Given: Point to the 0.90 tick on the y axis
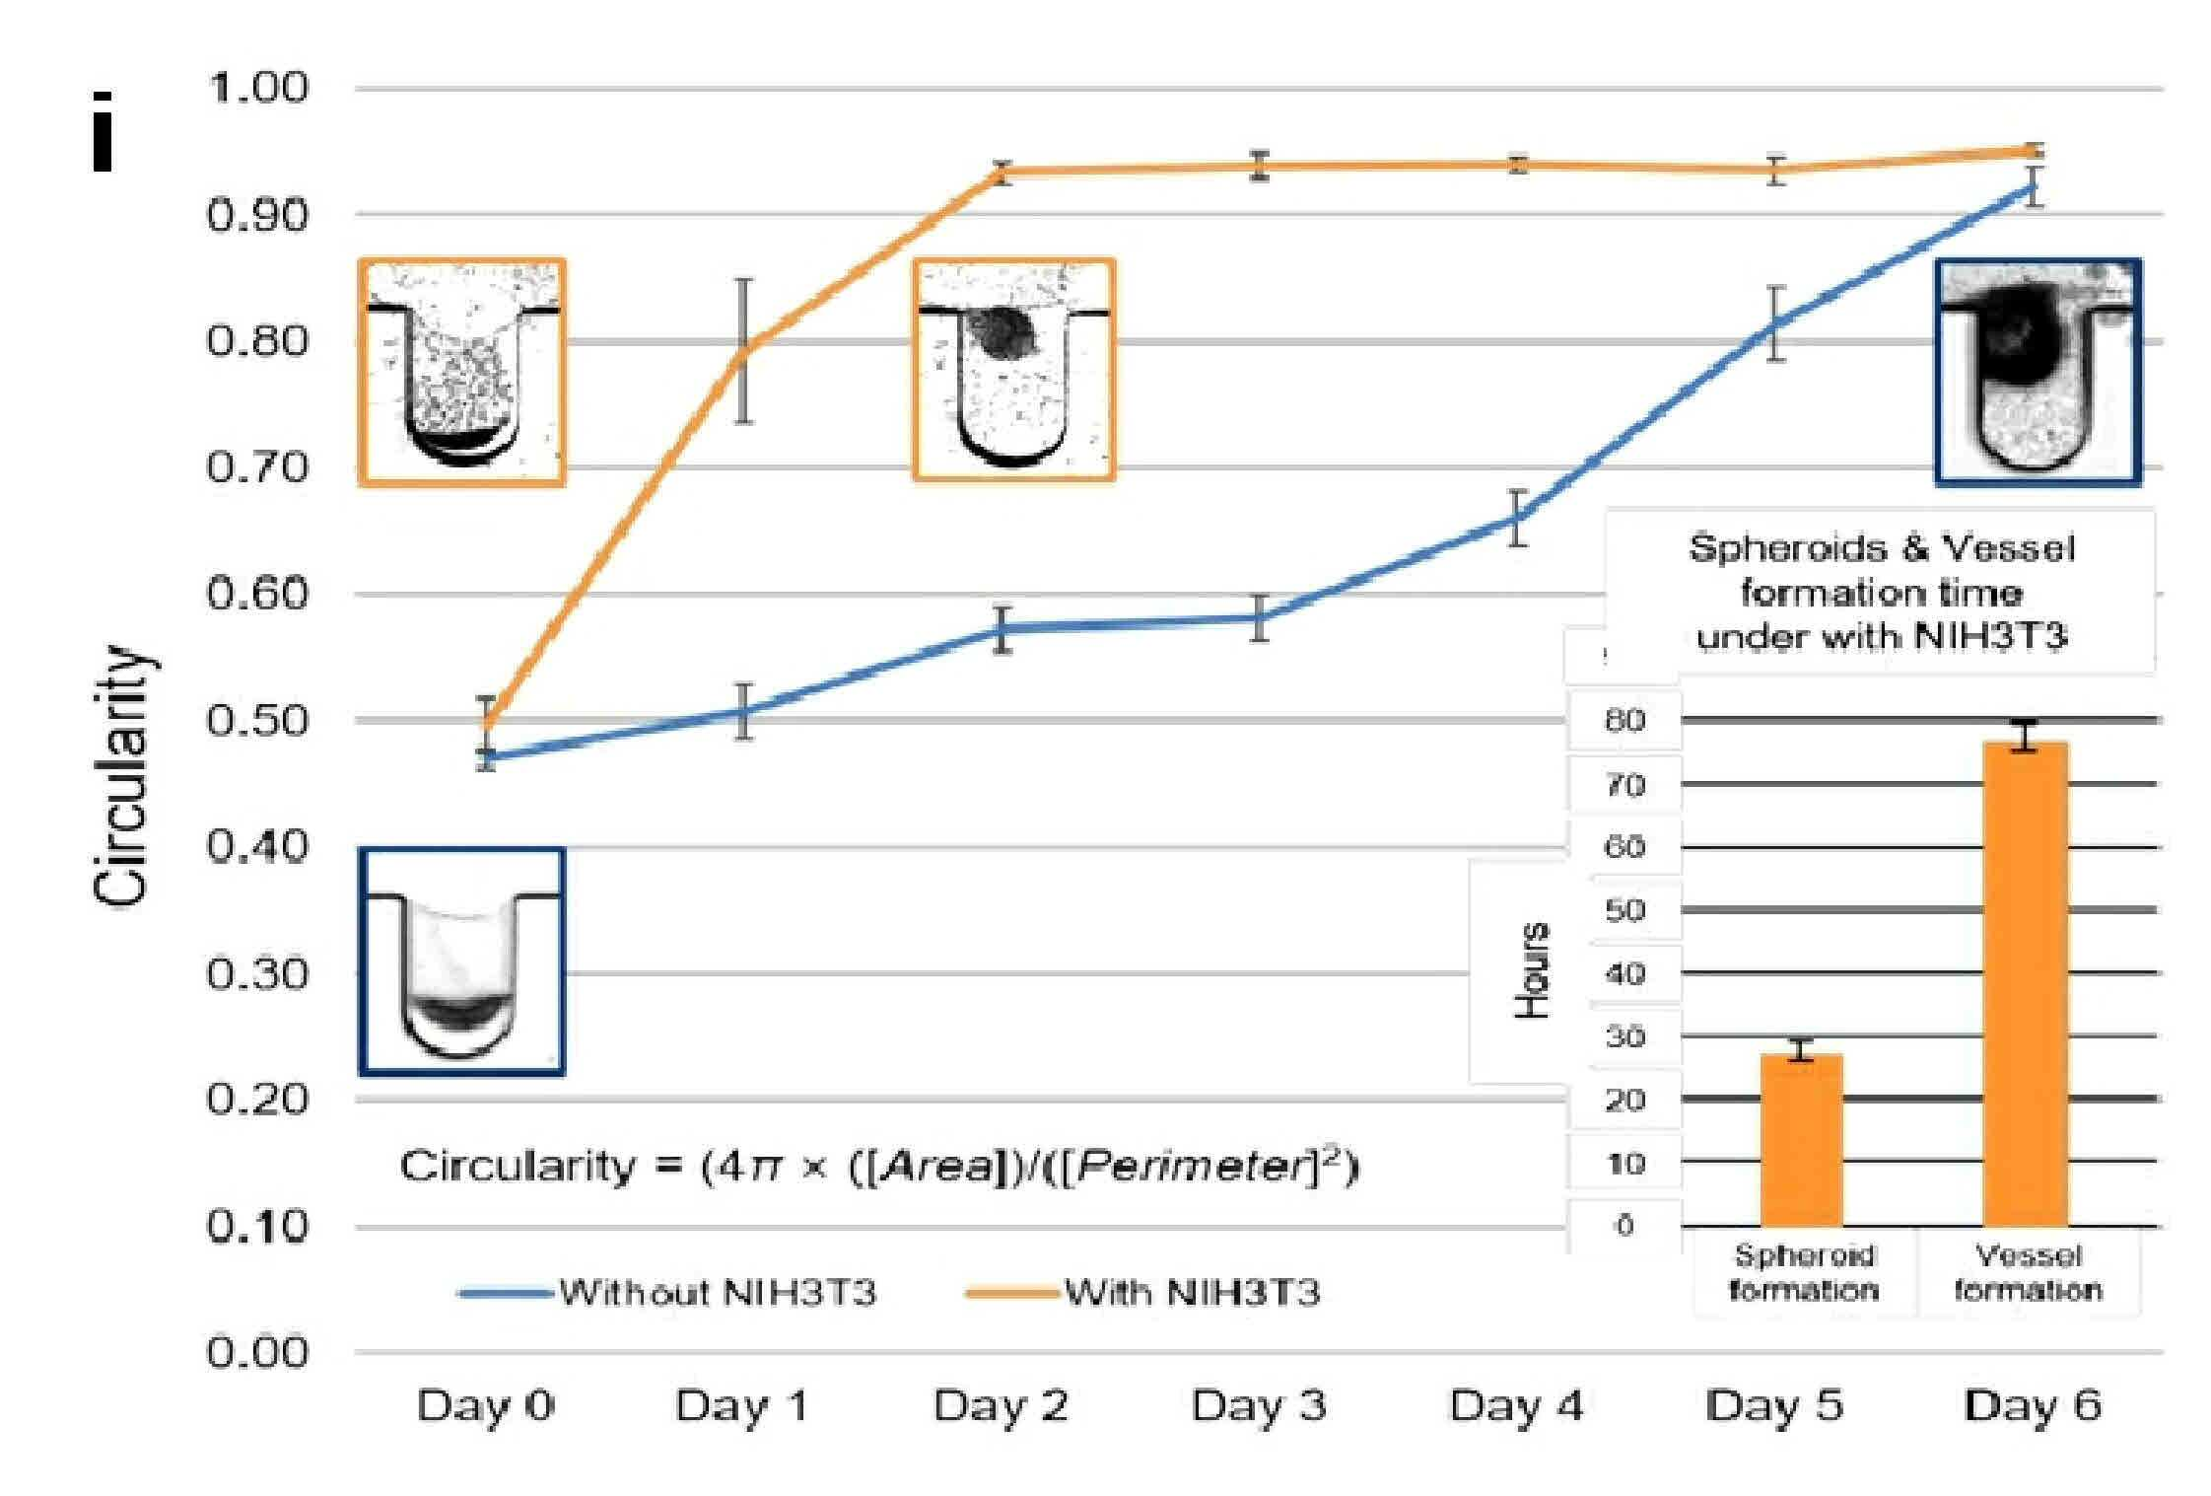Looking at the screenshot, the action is coord(257,215).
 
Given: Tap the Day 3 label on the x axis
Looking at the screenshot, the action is coord(1259,1406).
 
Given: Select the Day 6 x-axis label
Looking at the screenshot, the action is coord(2033,1406).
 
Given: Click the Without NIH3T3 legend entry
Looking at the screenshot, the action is coord(668,1292).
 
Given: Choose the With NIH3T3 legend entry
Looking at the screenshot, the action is coord(1142,1292).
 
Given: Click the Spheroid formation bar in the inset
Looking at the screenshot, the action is coord(1801,1141).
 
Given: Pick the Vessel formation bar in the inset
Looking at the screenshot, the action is coord(2026,984).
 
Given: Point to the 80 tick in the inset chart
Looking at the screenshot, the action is coord(1625,720).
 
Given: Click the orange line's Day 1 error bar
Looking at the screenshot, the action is coord(744,351).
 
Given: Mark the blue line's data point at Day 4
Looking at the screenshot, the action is coord(1518,518).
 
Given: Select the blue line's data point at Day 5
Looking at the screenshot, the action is coord(1776,323).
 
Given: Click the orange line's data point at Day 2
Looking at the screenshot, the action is coord(1002,172).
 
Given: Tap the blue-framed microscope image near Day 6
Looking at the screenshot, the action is coord(2038,373).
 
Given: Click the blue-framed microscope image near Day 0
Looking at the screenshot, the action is coord(461,961).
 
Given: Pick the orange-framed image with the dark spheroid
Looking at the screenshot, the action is coord(1014,371).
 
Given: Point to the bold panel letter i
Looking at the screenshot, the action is coord(103,132).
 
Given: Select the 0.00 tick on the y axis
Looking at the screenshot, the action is coord(257,1352).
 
